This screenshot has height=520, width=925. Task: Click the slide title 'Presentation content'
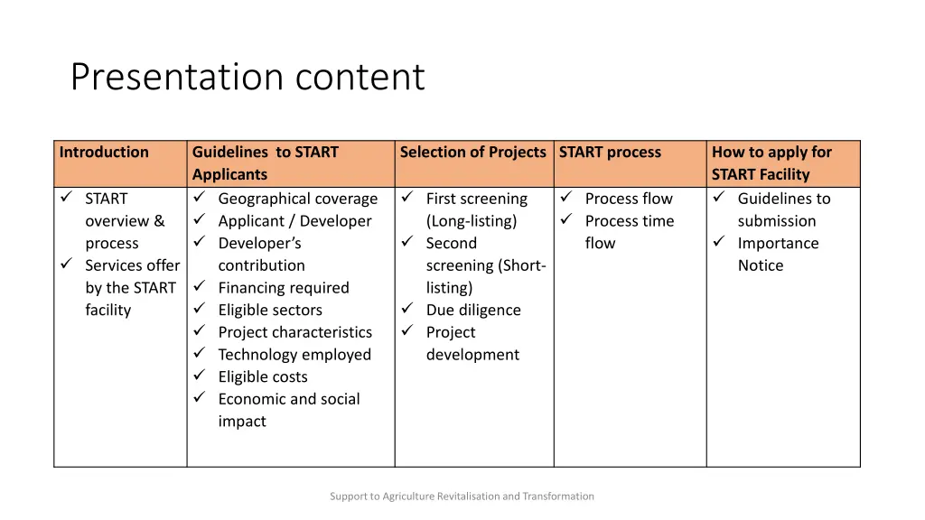click(x=247, y=78)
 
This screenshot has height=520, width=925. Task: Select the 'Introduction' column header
click(x=104, y=153)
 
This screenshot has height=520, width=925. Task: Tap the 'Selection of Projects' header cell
click(x=472, y=153)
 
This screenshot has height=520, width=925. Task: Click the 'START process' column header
click(x=610, y=153)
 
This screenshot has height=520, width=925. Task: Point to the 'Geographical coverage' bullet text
click(x=297, y=199)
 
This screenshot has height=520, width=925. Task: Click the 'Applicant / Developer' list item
click(x=294, y=221)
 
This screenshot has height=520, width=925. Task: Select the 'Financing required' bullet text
click(x=283, y=288)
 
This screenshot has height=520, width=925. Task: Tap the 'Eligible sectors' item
click(x=270, y=311)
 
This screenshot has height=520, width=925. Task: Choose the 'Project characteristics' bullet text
click(x=294, y=332)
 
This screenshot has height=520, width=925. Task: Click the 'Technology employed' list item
click(x=294, y=355)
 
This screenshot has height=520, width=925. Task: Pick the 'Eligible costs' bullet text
click(x=262, y=377)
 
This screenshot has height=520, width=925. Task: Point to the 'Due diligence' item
click(x=473, y=311)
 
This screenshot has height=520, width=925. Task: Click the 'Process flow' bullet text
click(x=629, y=199)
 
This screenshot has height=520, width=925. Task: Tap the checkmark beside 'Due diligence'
click(x=407, y=310)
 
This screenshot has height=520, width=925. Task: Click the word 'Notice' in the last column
click(x=761, y=265)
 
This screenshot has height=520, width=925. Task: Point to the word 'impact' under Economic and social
click(x=242, y=422)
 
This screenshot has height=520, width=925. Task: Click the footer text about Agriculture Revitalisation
click(x=462, y=496)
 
